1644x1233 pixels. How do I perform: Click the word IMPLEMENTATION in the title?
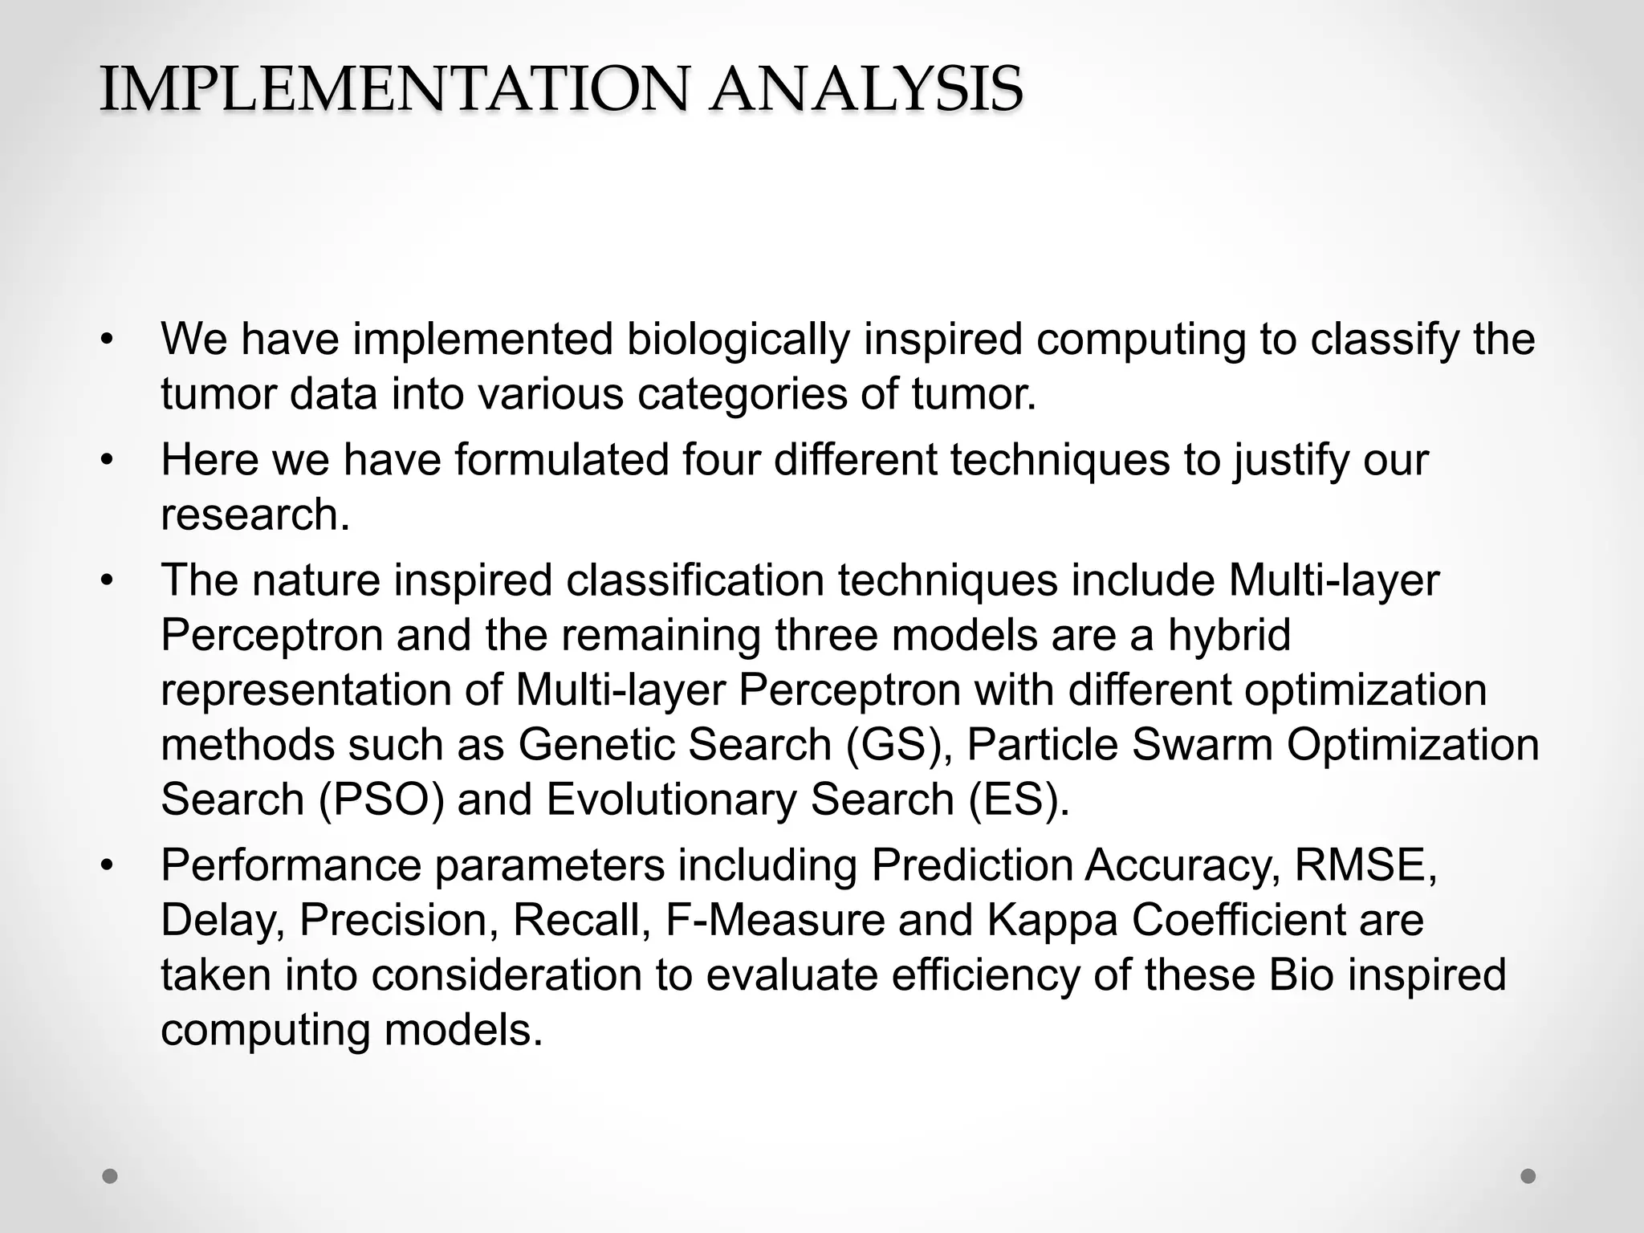pyautogui.click(x=394, y=88)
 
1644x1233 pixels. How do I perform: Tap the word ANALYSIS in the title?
pyautogui.click(x=865, y=88)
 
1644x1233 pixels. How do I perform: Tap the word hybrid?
pyautogui.click(x=1229, y=635)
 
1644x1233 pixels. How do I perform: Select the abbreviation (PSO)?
pyautogui.click(x=381, y=800)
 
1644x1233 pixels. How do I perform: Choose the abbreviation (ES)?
pyautogui.click(x=1019, y=800)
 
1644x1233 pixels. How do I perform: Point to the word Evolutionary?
pyautogui.click(x=671, y=800)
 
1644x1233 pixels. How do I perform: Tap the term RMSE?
pyautogui.click(x=1364, y=865)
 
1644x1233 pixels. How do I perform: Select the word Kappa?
pyautogui.click(x=1052, y=920)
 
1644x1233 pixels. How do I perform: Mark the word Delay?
pyautogui.click(x=223, y=920)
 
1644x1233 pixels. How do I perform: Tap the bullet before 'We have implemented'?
pyautogui.click(x=108, y=340)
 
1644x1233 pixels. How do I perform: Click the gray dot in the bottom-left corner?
pyautogui.click(x=110, y=1176)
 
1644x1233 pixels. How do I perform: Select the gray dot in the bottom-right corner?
pyautogui.click(x=1528, y=1176)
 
